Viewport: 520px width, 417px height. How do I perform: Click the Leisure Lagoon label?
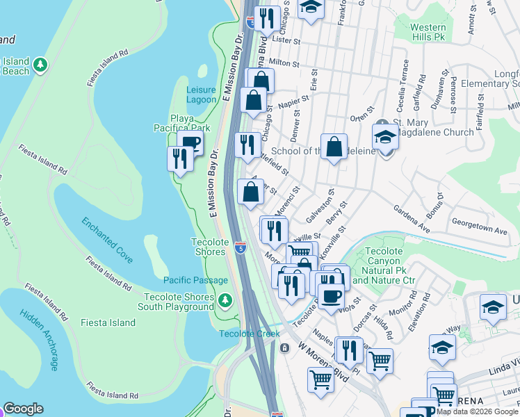(202, 95)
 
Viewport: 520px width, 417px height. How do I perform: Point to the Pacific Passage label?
(195, 280)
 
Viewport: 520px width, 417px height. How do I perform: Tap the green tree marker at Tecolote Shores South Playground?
(225, 301)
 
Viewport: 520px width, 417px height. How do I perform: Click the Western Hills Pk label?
(419, 32)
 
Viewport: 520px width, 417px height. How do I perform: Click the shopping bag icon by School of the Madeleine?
(334, 147)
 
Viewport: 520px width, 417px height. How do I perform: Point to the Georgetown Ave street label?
(480, 229)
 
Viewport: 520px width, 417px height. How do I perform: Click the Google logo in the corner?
(22, 409)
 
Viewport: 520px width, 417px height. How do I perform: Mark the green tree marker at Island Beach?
(41, 65)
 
